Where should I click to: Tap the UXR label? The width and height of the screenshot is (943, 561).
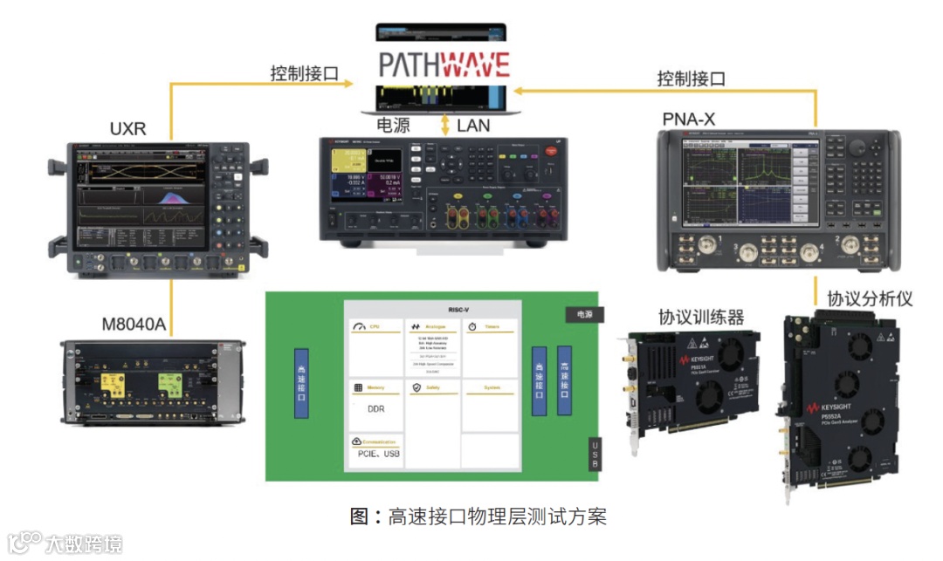point(127,130)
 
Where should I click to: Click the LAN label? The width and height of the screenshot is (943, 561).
point(473,126)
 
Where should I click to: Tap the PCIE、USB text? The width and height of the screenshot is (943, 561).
point(378,454)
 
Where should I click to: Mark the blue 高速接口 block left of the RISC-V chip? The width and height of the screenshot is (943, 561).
point(301,383)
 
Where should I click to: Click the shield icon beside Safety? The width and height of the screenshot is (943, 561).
point(416,387)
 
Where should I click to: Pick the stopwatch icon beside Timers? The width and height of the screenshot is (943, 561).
point(471,327)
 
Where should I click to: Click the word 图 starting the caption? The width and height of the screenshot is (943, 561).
point(359,516)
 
